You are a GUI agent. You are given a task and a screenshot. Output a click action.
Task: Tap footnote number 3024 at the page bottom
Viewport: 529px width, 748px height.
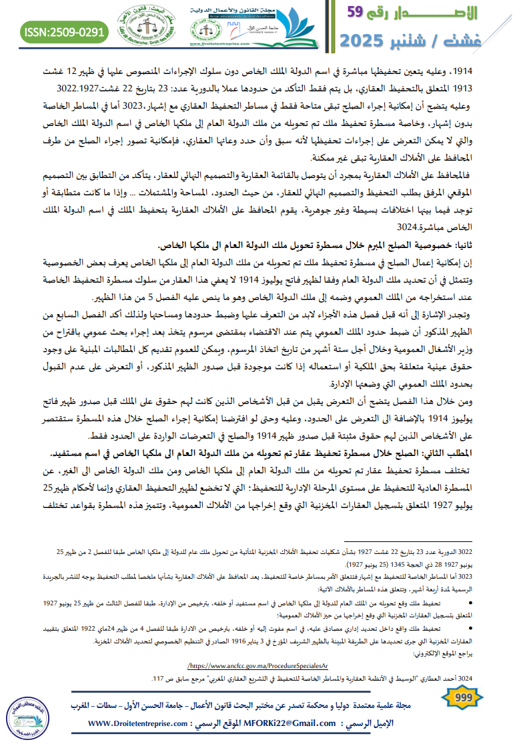(464, 679)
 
